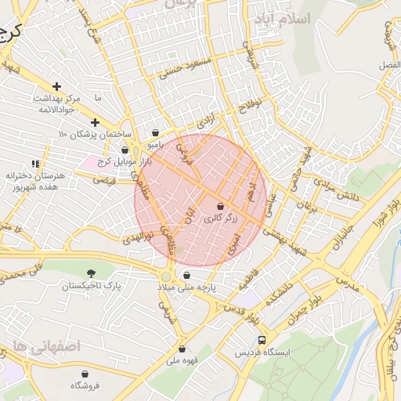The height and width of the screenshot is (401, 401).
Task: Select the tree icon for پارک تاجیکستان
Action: [93, 273]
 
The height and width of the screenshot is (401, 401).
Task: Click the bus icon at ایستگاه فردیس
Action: [262, 341]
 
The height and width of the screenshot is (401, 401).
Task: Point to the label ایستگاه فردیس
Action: [263, 353]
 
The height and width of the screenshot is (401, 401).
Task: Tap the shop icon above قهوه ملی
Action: [182, 349]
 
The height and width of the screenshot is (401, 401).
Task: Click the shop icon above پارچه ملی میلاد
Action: [186, 275]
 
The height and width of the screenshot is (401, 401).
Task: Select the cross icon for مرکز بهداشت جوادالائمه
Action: [56, 86]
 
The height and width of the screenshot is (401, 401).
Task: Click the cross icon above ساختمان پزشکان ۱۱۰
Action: [95, 122]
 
